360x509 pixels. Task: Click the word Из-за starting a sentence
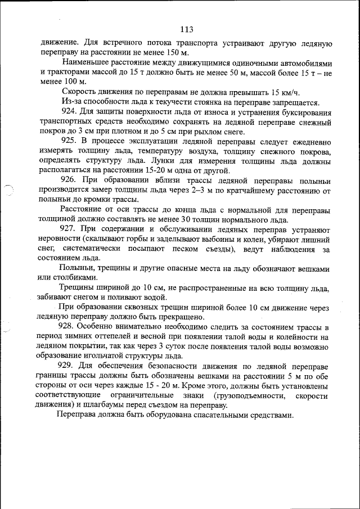[x=73, y=102]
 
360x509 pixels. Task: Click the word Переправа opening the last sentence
[x=78, y=416]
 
